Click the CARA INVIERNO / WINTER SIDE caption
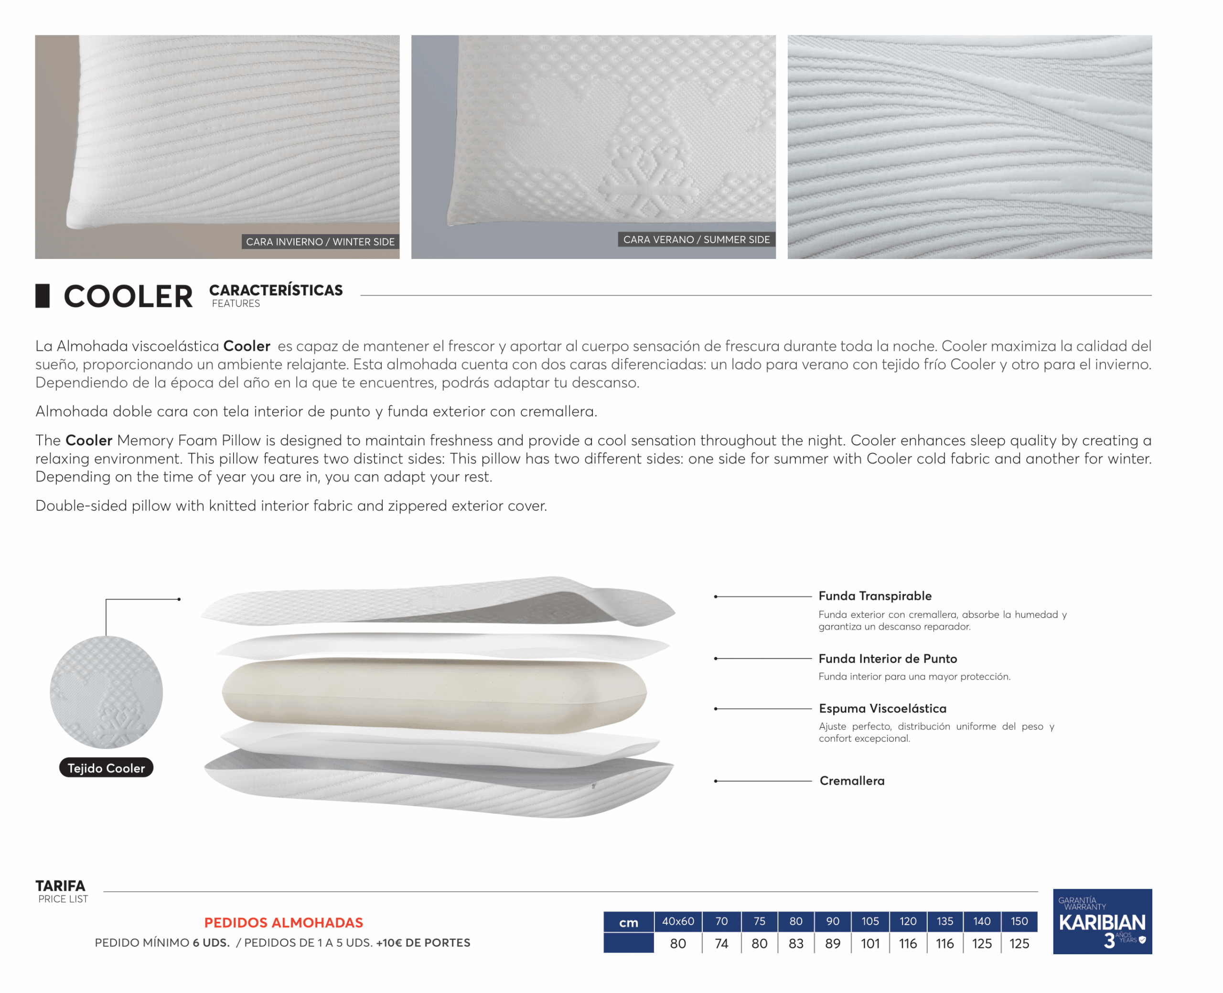pyautogui.click(x=320, y=242)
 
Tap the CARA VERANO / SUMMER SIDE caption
pyautogui.click(x=697, y=240)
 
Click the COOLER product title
pyautogui.click(x=128, y=297)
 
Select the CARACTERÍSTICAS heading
pyautogui.click(x=276, y=291)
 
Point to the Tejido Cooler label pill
pyautogui.click(x=107, y=768)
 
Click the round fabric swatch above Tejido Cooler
pyautogui.click(x=107, y=692)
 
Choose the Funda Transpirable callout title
pyautogui.click(x=875, y=596)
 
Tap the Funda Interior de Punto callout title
pyautogui.click(x=887, y=659)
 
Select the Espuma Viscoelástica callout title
pyautogui.click(x=882, y=709)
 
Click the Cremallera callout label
pyautogui.click(x=852, y=781)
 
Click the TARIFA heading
pyautogui.click(x=60, y=886)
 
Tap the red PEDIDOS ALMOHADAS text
pyautogui.click(x=284, y=923)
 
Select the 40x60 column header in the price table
pyautogui.click(x=678, y=921)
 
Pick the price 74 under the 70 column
pyautogui.click(x=721, y=944)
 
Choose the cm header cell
pyautogui.click(x=628, y=923)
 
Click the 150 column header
pyautogui.click(x=1019, y=921)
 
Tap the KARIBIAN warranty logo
pyautogui.click(x=1102, y=921)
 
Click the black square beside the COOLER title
pyautogui.click(x=43, y=296)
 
